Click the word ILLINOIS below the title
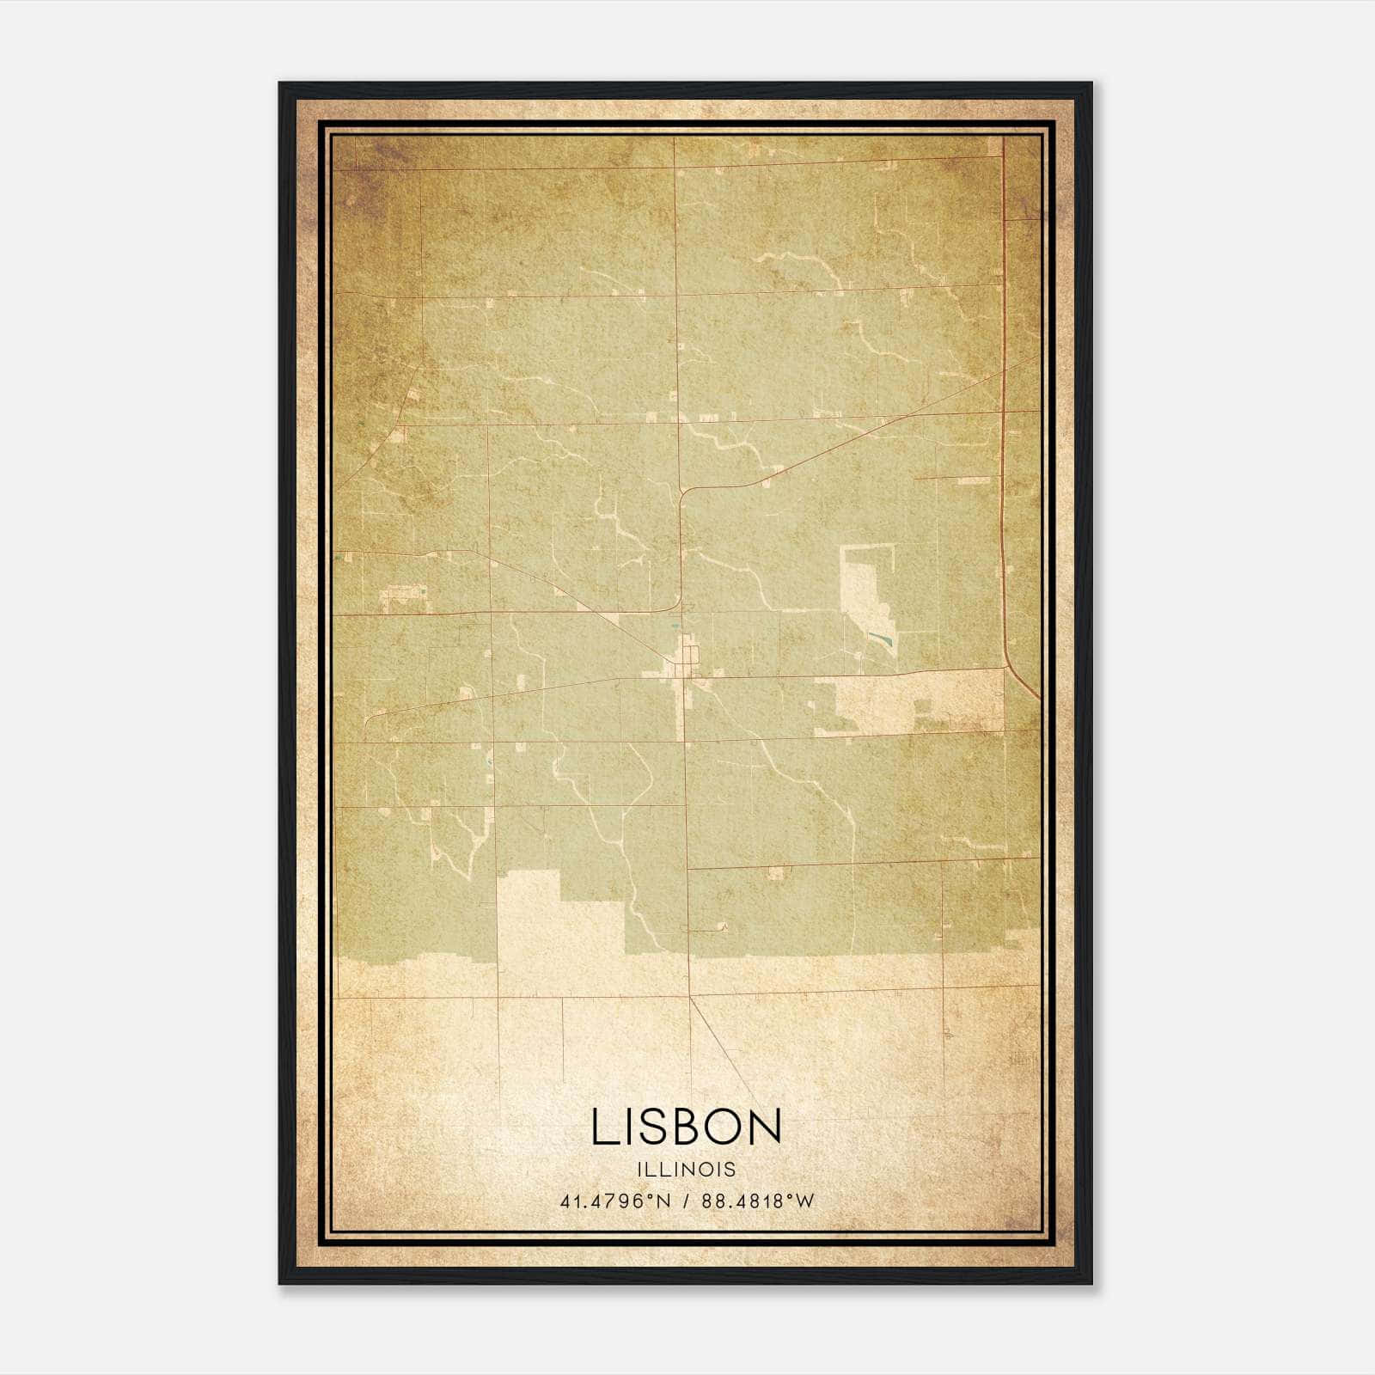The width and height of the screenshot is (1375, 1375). click(x=687, y=1170)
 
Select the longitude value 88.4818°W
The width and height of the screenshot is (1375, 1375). click(x=757, y=1201)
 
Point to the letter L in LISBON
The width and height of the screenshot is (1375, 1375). click(x=602, y=1127)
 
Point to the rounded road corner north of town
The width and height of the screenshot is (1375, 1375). click(x=685, y=492)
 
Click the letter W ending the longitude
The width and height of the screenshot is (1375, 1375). click(x=805, y=1201)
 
